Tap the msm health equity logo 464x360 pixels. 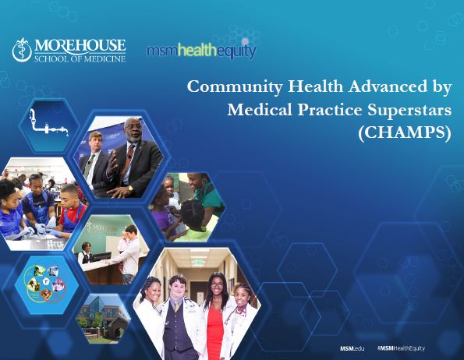[200, 51]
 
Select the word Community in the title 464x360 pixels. [226, 86]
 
